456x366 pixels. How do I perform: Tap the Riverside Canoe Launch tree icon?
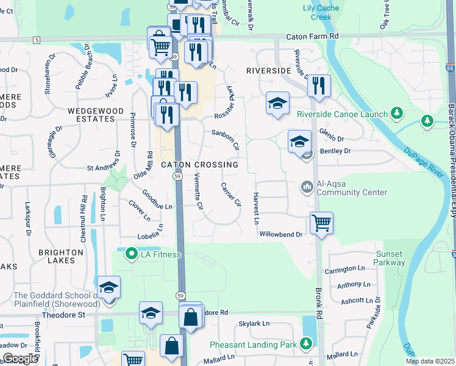[397, 113]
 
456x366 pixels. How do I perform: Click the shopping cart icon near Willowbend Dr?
[321, 222]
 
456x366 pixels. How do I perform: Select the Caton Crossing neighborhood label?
[199, 165]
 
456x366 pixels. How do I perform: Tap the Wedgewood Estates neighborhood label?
[91, 115]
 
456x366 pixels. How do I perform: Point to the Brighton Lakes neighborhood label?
[61, 257]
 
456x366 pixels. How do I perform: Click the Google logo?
[20, 358]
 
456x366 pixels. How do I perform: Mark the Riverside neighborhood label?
[268, 71]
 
